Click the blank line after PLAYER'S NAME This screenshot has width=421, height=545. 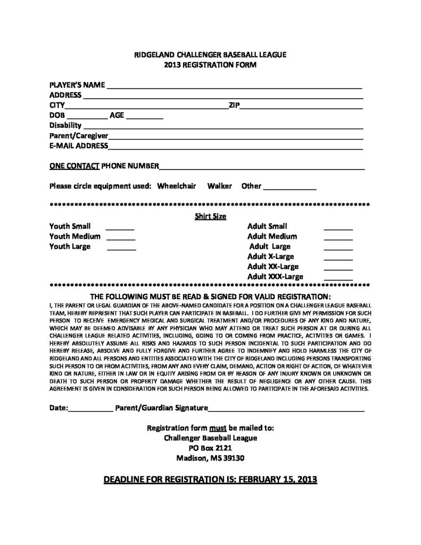click(x=234, y=86)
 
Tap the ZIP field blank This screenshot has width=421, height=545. click(x=302, y=106)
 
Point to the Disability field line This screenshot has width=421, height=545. click(x=223, y=127)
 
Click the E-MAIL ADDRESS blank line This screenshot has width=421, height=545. click(x=236, y=147)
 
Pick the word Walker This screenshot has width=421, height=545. click(x=220, y=186)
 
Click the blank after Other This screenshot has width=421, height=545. click(x=290, y=188)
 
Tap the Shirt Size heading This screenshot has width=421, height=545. click(x=210, y=216)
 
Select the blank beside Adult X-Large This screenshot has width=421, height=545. click(x=339, y=258)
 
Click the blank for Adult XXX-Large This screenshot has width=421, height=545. click(x=339, y=278)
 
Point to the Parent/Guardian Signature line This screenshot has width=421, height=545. click(x=286, y=410)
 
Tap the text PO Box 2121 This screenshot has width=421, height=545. click(x=211, y=448)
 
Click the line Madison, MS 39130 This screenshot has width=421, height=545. click(x=211, y=458)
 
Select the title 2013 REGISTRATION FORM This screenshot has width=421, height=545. click(x=210, y=64)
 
